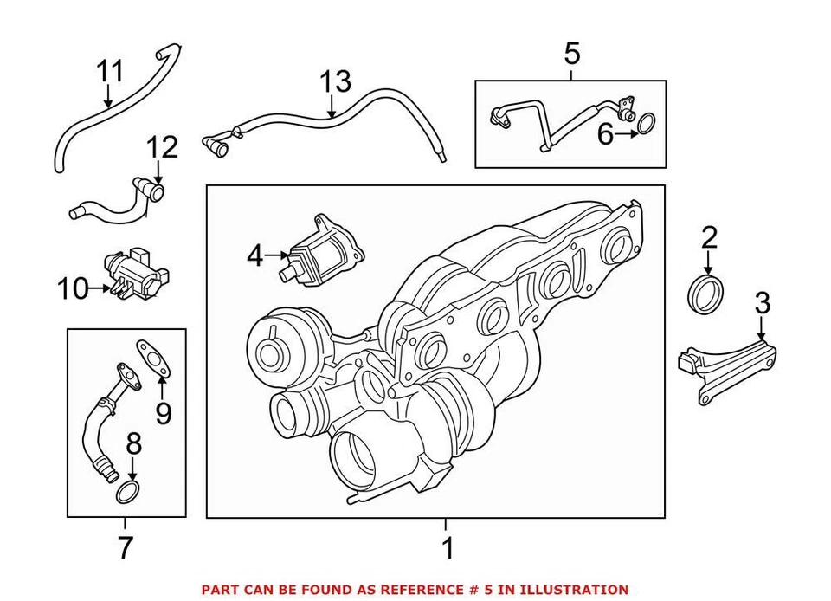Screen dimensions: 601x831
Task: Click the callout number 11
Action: [111, 71]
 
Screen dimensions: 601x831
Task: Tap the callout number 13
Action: [335, 82]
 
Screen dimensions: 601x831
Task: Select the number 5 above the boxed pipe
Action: [571, 54]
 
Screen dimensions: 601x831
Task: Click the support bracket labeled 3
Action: [727, 370]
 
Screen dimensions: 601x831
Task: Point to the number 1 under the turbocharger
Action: [447, 547]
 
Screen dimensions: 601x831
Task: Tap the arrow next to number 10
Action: [98, 288]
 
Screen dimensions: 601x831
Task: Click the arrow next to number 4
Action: [276, 255]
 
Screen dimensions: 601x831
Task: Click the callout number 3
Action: [762, 303]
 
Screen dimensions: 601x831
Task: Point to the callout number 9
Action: [163, 413]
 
